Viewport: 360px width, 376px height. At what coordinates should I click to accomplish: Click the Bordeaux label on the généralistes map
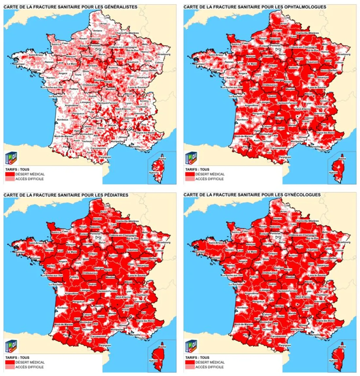click(62, 120)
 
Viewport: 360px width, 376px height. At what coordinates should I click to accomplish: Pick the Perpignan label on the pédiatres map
click(105, 345)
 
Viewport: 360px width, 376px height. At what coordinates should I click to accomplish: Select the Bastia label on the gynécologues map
click(342, 347)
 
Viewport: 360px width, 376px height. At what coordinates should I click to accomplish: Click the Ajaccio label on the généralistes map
click(153, 172)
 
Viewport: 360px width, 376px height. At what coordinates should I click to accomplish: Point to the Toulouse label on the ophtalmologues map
click(267, 141)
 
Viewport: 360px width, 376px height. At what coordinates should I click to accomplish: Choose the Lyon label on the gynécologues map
click(308, 291)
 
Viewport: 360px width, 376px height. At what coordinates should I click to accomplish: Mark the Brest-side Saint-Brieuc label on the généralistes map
click(36, 55)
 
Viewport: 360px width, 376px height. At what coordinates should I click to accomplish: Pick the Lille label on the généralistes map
click(107, 17)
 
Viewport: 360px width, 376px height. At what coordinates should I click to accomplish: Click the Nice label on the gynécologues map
click(338, 328)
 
